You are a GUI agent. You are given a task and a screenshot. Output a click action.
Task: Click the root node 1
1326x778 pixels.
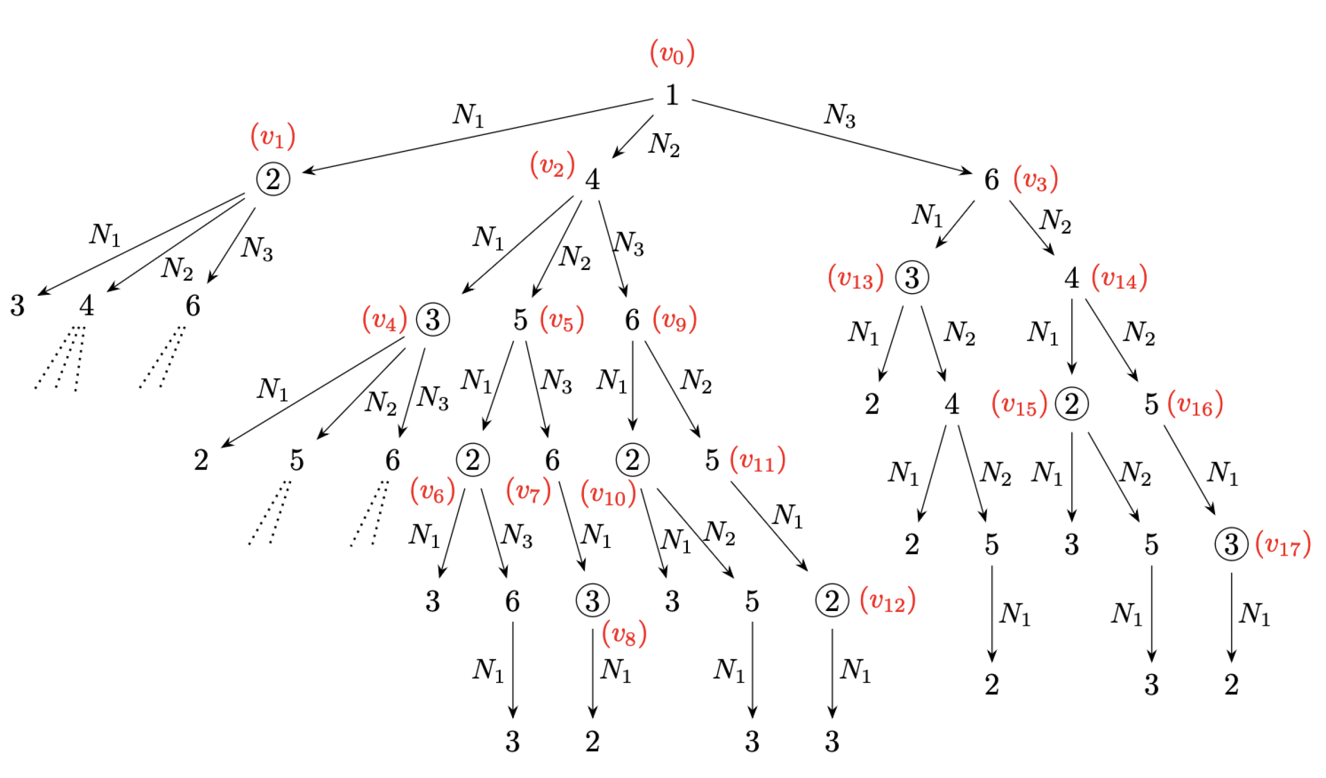[671, 95]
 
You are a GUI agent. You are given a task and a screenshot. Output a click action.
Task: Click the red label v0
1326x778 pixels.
[672, 54]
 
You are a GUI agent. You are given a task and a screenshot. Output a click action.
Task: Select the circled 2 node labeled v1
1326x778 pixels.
[273, 179]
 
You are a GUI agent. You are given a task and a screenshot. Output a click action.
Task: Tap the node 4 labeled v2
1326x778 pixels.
[592, 180]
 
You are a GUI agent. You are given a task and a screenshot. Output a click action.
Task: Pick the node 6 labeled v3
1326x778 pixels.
[991, 180]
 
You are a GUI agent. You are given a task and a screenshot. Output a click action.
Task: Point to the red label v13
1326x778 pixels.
[855, 278]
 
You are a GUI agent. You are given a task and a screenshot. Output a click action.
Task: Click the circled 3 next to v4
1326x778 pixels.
[433, 320]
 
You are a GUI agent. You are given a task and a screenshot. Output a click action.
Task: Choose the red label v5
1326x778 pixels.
[562, 320]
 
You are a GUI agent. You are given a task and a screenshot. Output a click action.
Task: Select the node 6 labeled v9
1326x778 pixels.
[632, 320]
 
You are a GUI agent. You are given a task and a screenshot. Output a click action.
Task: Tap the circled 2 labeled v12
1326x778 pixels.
[832, 601]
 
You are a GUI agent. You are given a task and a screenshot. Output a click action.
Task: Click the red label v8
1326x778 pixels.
[624, 634]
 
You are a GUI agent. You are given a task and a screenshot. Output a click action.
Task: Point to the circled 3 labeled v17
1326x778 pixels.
[1231, 545]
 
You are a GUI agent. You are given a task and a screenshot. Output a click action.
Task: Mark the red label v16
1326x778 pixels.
[1195, 405]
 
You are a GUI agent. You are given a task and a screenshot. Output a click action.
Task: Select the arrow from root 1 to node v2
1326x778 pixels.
[633, 137]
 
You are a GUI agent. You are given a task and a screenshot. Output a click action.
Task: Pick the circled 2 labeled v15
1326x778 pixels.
[1071, 404]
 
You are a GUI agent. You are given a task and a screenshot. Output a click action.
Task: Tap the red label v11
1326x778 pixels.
[757, 460]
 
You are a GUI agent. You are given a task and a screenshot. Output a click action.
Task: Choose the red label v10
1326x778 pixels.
[608, 494]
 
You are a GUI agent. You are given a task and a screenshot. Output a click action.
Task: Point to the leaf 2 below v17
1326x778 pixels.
[1231, 685]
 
